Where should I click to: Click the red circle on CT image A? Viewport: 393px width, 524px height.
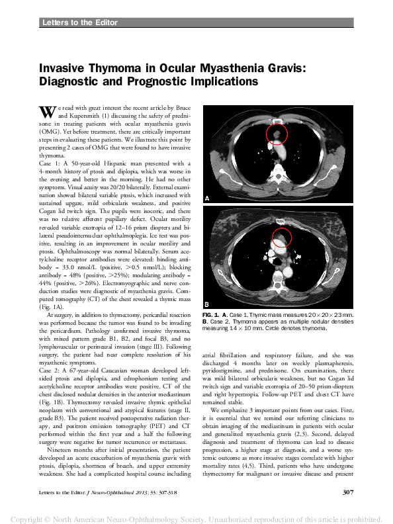(x=277, y=136)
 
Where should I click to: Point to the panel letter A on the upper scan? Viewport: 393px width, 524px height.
(x=207, y=198)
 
